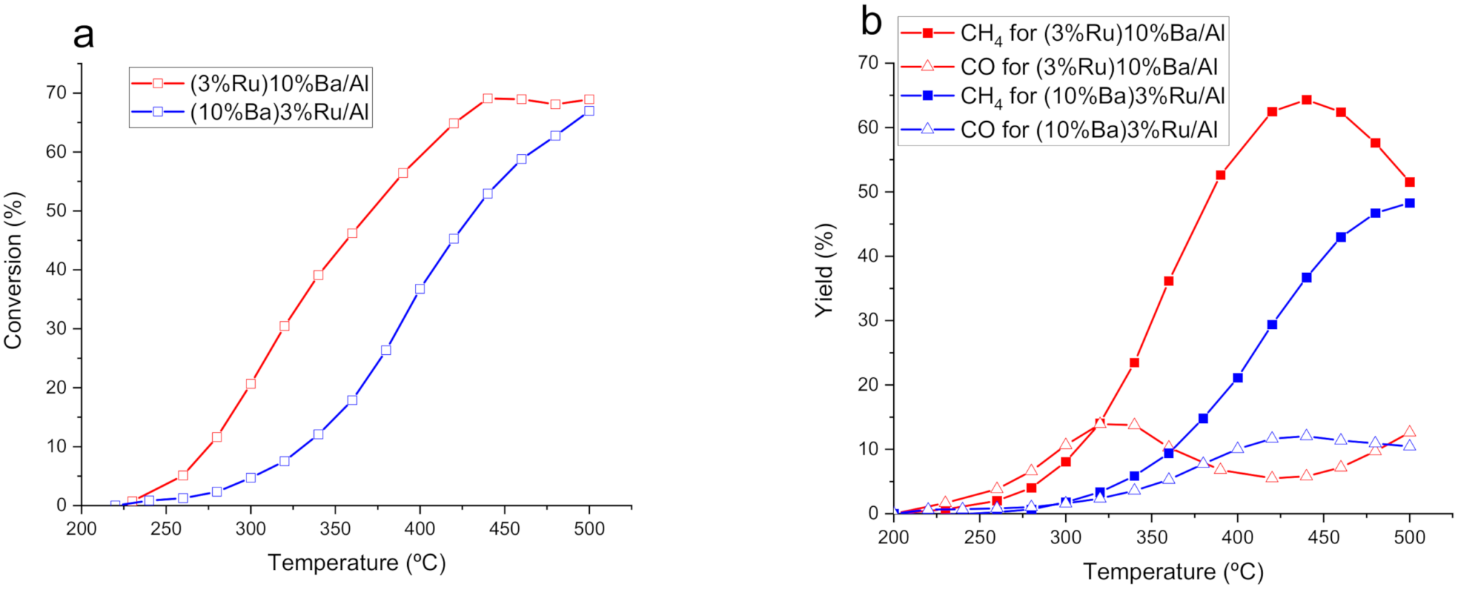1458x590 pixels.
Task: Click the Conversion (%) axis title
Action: (14, 271)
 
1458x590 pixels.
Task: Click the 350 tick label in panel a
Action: (335, 529)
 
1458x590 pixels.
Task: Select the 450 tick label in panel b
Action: (1323, 538)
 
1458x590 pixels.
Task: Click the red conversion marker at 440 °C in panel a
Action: (487, 98)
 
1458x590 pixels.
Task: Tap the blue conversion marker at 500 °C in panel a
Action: (589, 111)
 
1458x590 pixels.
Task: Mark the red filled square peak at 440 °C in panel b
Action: (1306, 100)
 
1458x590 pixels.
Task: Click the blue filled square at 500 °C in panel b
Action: (1409, 203)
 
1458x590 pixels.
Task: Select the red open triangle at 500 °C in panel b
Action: (1409, 432)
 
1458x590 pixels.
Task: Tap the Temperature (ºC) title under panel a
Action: (357, 563)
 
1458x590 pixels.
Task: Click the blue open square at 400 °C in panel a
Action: (420, 289)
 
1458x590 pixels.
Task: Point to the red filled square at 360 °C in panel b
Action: (1168, 281)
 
